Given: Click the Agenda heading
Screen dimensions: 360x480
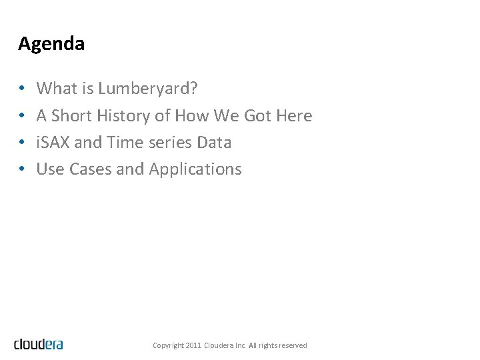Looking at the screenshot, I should pos(51,44).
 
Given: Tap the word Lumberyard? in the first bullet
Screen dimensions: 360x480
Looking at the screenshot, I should pos(148,89).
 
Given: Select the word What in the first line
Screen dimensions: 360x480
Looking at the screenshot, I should pos(56,88).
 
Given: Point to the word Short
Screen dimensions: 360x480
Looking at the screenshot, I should pos(72,116).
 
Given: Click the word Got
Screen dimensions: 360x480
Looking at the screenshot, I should pos(257,116).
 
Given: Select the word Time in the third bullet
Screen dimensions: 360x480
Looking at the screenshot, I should pos(122,143).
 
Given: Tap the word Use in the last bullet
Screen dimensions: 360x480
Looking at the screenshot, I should pos(49,169).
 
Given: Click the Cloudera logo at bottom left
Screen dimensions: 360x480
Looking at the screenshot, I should pos(39,344).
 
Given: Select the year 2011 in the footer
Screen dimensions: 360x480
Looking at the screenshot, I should pos(193,345).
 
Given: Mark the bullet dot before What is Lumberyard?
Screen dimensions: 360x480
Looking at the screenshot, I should pos(22,89).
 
